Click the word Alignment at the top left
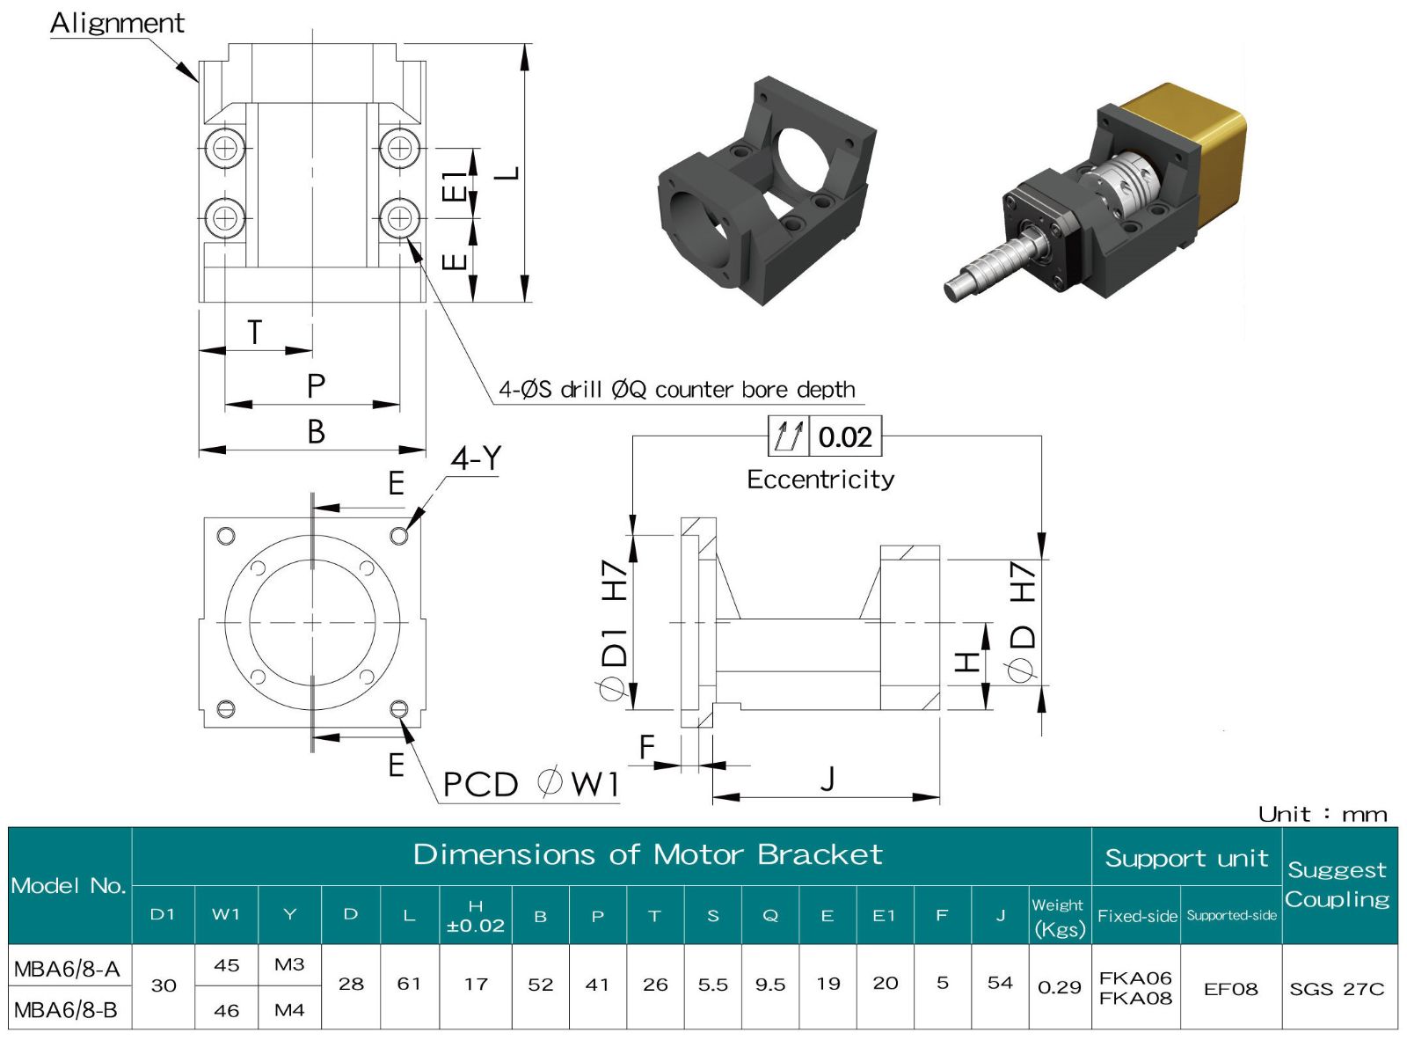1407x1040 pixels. point(117,23)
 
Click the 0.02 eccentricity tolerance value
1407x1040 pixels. point(844,437)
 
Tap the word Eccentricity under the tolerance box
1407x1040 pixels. point(820,480)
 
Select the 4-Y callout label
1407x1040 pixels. point(476,458)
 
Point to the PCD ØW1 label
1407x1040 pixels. point(530,784)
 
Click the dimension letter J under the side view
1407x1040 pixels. point(827,779)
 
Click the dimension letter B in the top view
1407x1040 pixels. point(316,432)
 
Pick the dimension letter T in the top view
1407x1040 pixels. point(254,333)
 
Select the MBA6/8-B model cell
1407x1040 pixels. point(67,1009)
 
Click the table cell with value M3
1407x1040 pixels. point(289,964)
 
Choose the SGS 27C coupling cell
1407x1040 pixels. point(1337,989)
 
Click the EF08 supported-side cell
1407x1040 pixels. point(1230,989)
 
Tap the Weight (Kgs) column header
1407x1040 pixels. point(1059,916)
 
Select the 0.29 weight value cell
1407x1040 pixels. point(1059,987)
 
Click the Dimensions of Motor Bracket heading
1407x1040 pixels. point(647,854)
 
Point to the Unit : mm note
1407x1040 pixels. point(1322,814)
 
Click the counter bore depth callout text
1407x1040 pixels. point(677,390)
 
